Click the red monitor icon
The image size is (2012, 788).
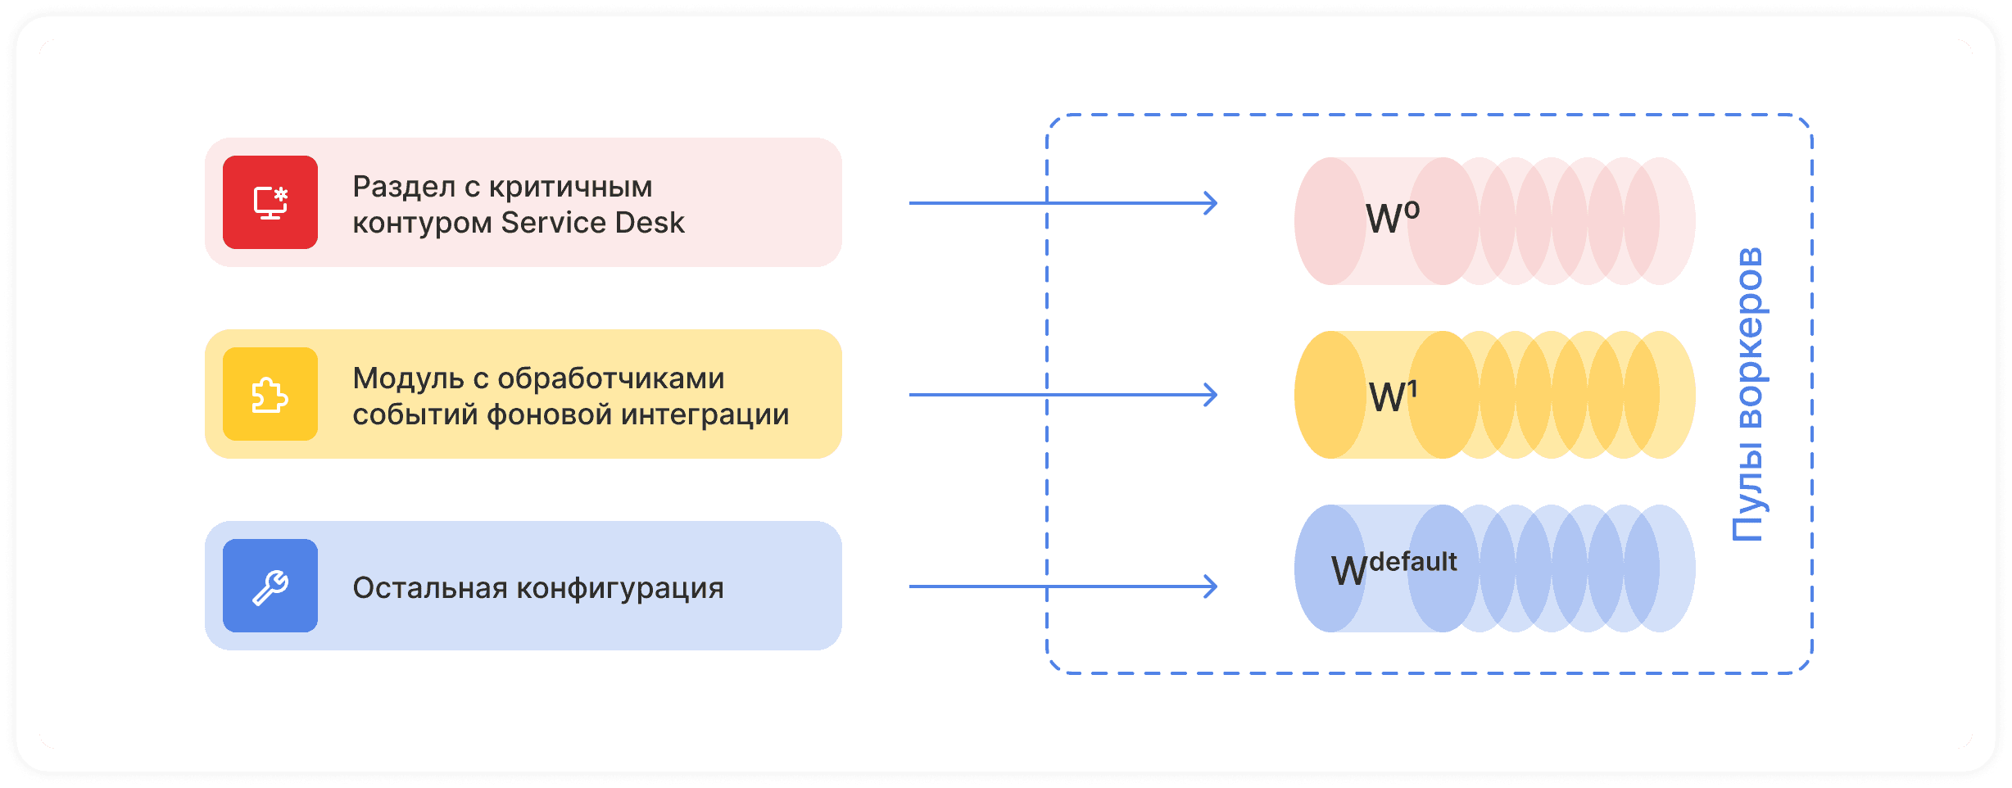(x=270, y=202)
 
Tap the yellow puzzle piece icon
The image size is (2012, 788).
(x=270, y=395)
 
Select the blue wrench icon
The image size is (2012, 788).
(x=270, y=586)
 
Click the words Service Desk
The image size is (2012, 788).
(x=592, y=223)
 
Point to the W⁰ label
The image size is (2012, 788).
(x=1392, y=218)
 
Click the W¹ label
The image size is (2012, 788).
(x=1392, y=396)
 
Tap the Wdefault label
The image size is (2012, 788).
(x=1393, y=568)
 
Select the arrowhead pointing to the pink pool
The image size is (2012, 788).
(x=1210, y=203)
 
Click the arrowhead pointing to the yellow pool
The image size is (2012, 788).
(x=1210, y=395)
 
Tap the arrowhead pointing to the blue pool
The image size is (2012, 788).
(x=1210, y=586)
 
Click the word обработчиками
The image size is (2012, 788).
(x=611, y=378)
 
